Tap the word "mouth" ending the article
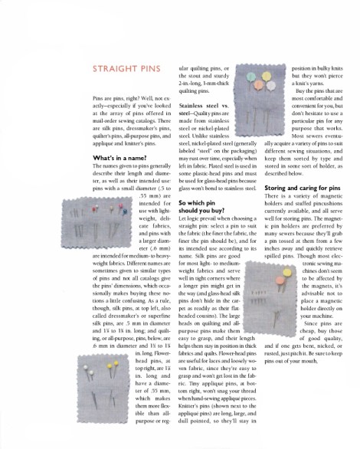[309, 338]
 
